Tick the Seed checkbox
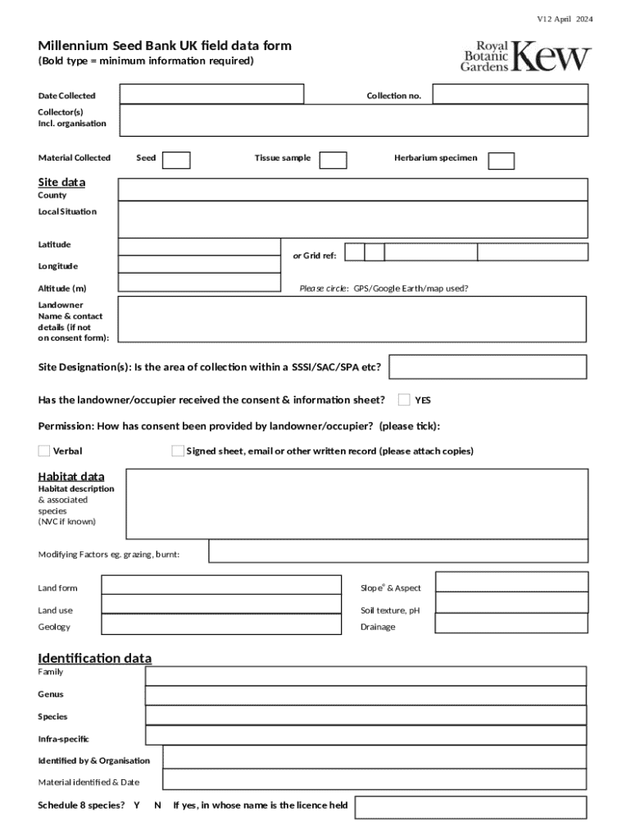pos(176,160)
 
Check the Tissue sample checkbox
pos(333,160)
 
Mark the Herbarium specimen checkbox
pos(502,161)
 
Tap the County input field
pos(352,190)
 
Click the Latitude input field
pos(199,247)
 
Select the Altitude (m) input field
pos(199,283)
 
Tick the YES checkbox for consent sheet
pos(404,400)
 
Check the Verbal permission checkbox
pos(44,451)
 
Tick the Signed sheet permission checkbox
pos(178,451)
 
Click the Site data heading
pos(61,182)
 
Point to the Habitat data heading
pos(71,477)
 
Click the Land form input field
pos(220,585)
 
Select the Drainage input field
pos(511,624)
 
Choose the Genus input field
pos(365,695)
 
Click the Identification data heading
pos(94,659)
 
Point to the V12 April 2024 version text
pos(565,18)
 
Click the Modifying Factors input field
pos(397,551)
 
